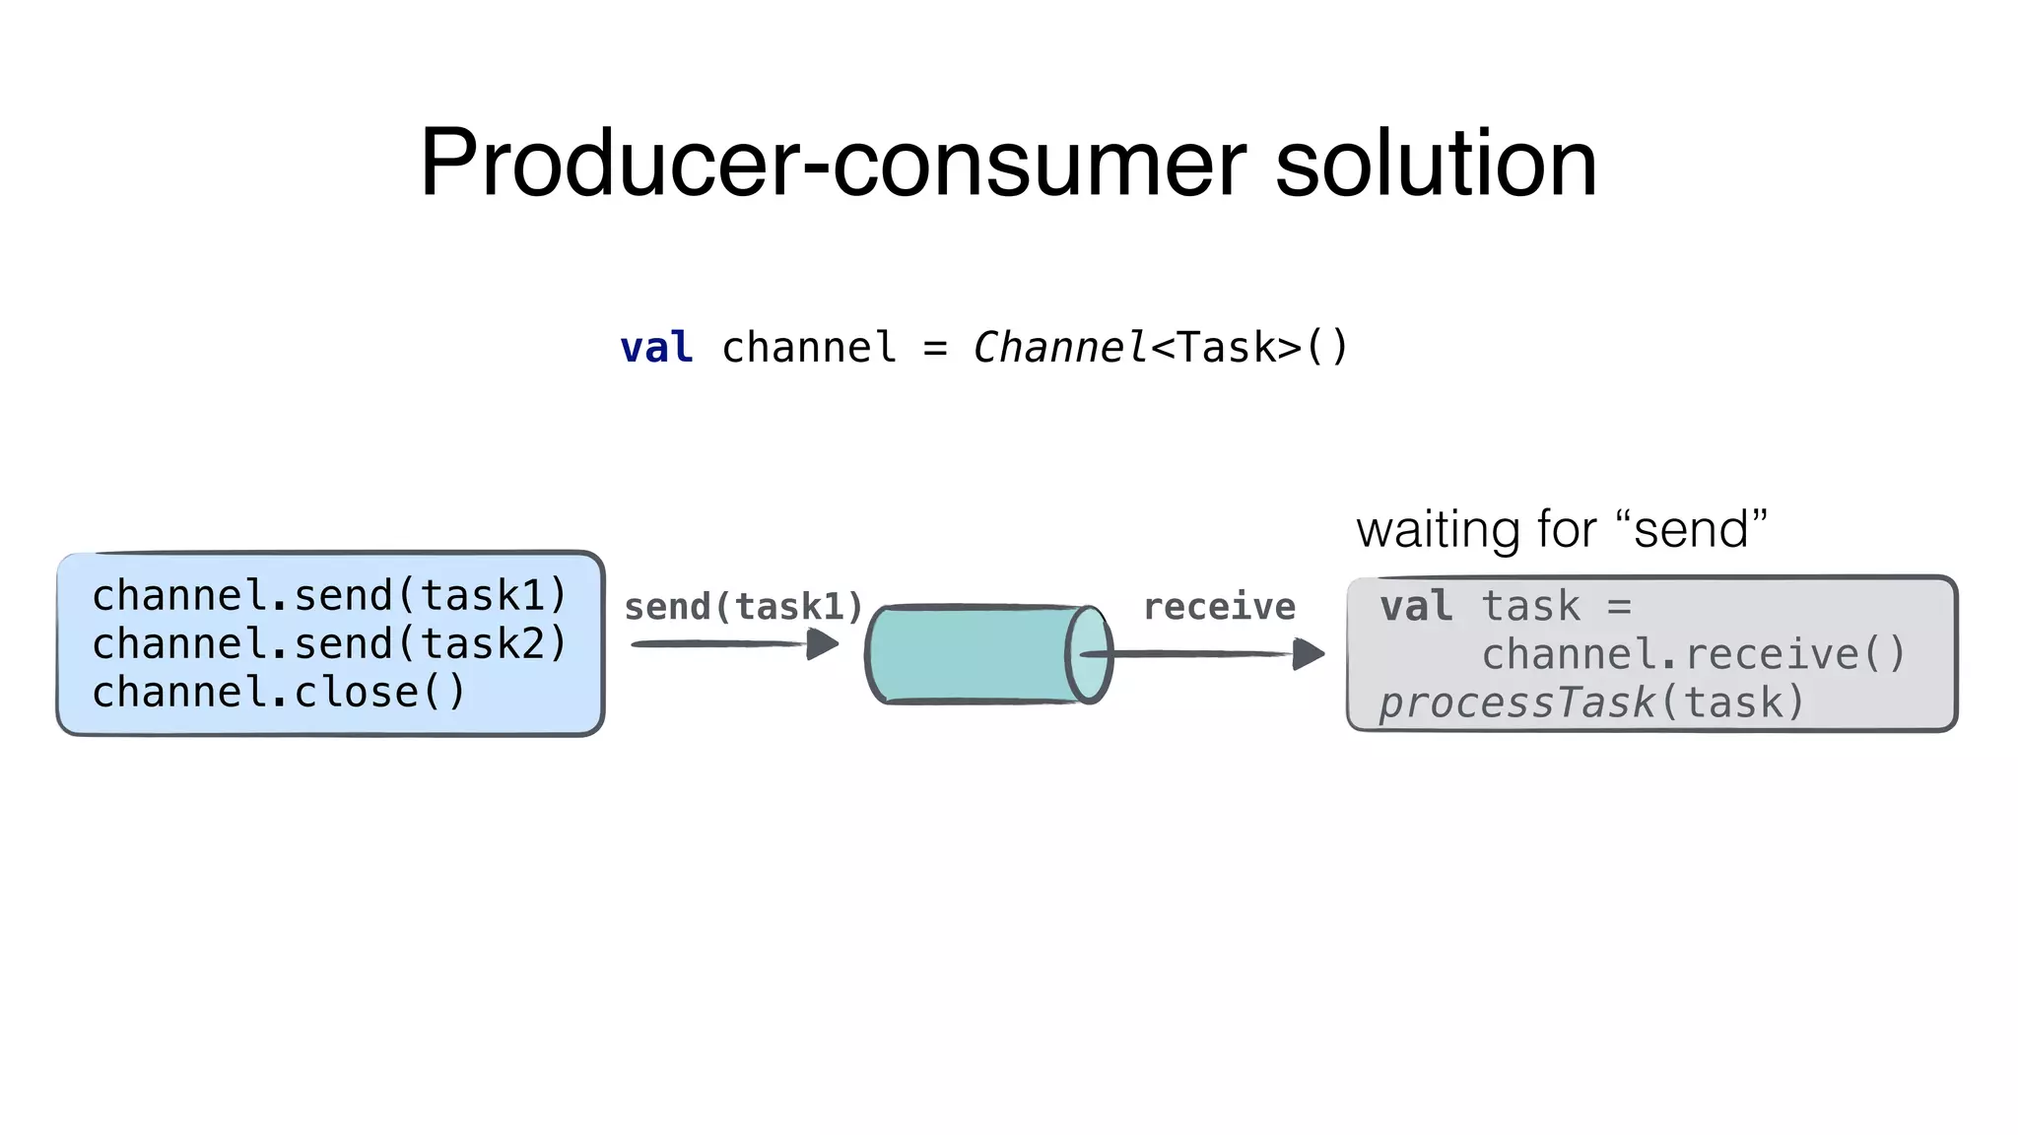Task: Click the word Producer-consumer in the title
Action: click(x=833, y=164)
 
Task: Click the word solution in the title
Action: click(x=1436, y=164)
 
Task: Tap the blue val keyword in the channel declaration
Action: click(x=656, y=348)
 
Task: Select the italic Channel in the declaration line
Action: click(x=1059, y=348)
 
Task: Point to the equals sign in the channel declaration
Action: click(x=935, y=349)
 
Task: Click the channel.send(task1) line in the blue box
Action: click(x=330, y=595)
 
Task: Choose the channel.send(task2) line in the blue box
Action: click(x=330, y=643)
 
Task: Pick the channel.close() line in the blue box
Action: click(x=279, y=692)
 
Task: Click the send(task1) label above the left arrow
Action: click(x=744, y=607)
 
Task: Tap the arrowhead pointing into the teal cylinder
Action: click(x=823, y=644)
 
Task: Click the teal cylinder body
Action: click(x=971, y=654)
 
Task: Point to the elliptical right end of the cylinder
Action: click(x=1089, y=654)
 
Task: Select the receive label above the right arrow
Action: click(x=1219, y=607)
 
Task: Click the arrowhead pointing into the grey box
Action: click(x=1309, y=653)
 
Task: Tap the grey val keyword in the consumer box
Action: click(x=1416, y=606)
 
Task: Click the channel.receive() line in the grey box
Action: click(x=1694, y=654)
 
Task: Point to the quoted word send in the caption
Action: click(x=1691, y=530)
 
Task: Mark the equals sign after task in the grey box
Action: click(x=1619, y=607)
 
